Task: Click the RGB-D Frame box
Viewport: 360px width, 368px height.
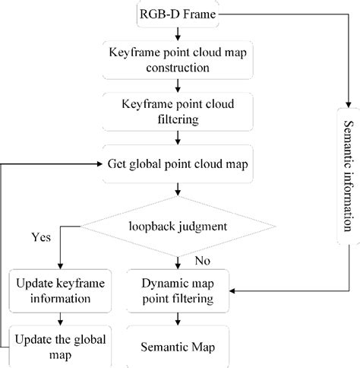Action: point(177,14)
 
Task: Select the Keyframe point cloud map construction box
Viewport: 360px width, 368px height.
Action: point(177,59)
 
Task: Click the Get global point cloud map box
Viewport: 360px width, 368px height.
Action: point(177,162)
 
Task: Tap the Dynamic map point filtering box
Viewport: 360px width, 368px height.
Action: point(177,290)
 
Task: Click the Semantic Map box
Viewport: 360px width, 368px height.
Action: point(177,347)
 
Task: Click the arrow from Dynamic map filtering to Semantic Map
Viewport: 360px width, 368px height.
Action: point(177,320)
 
